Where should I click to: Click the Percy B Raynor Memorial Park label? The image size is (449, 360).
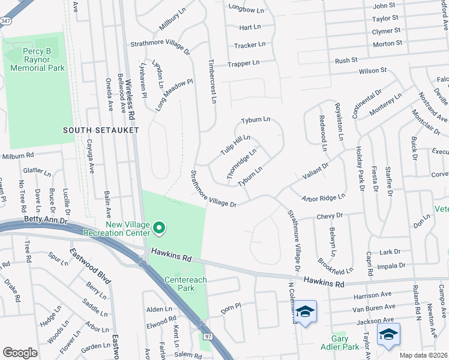35,60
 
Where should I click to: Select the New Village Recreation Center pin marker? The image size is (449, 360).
159,227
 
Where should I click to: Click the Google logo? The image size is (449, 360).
20,353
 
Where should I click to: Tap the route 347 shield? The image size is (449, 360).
5,20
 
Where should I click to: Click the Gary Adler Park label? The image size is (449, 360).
340,343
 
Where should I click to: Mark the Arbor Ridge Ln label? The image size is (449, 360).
324,196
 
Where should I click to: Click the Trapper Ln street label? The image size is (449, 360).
243,63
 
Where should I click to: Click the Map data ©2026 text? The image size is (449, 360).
424,355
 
